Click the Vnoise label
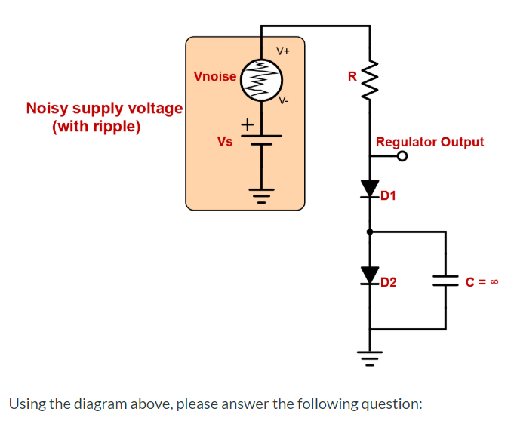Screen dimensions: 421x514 (x=215, y=76)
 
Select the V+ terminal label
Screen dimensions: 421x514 (x=283, y=51)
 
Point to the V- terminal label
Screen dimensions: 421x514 (x=283, y=100)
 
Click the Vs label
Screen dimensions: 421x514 (x=224, y=141)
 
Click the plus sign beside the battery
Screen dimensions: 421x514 (x=247, y=123)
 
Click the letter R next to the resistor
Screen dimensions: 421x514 (x=352, y=75)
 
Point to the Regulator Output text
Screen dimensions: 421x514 (x=429, y=141)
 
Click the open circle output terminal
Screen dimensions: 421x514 (x=402, y=157)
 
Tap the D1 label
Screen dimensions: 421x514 (x=389, y=197)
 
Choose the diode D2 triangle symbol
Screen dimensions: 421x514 (x=370, y=275)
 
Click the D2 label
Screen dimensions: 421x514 (x=389, y=284)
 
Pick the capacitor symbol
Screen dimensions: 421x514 (x=445, y=281)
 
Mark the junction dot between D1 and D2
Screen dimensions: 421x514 (x=370, y=232)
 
